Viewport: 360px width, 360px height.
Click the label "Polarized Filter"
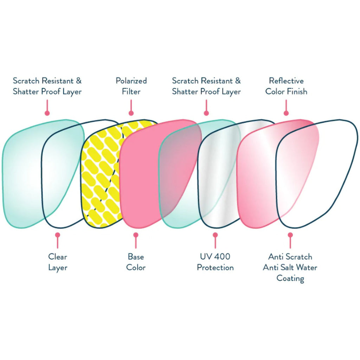coord(131,86)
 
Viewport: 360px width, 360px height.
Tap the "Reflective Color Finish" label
coord(286,86)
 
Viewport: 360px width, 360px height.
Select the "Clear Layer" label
coord(58,262)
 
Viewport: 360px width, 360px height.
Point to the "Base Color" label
coord(136,262)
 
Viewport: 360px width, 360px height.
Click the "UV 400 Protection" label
coord(215,262)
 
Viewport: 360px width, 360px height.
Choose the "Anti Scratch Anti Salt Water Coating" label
coord(290,268)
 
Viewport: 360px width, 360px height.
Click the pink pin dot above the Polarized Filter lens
coord(131,113)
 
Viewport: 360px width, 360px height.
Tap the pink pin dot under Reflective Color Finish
coord(286,113)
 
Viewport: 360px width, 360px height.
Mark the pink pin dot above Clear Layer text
coord(58,235)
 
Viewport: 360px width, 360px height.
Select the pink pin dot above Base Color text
coord(136,235)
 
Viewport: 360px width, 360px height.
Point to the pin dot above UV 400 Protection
coord(215,235)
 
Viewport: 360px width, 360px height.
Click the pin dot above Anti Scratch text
coord(290,235)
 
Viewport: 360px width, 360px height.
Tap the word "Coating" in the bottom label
coord(290,278)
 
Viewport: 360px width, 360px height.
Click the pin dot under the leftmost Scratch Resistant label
coord(47,113)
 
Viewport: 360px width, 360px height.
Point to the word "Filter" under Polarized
coord(131,92)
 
